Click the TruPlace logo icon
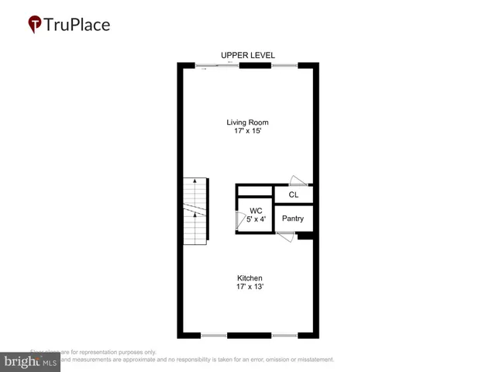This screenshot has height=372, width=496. (35, 24)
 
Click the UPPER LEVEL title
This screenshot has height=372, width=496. (247, 55)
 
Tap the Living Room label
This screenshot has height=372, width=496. (247, 122)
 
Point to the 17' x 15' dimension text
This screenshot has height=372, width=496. (247, 133)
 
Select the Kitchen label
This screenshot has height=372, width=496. (250, 278)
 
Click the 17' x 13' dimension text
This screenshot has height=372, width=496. (250, 288)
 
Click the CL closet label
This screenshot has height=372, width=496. (293, 195)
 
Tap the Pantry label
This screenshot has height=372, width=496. (293, 219)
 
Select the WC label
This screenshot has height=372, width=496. (256, 210)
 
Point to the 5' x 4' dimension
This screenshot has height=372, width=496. (256, 219)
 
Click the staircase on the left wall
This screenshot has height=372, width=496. (195, 211)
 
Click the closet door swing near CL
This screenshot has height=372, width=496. (296, 179)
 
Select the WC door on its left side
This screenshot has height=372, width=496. (239, 221)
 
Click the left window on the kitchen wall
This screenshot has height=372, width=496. (214, 336)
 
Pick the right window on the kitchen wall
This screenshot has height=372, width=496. (284, 336)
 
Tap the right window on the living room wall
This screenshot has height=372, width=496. (284, 65)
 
